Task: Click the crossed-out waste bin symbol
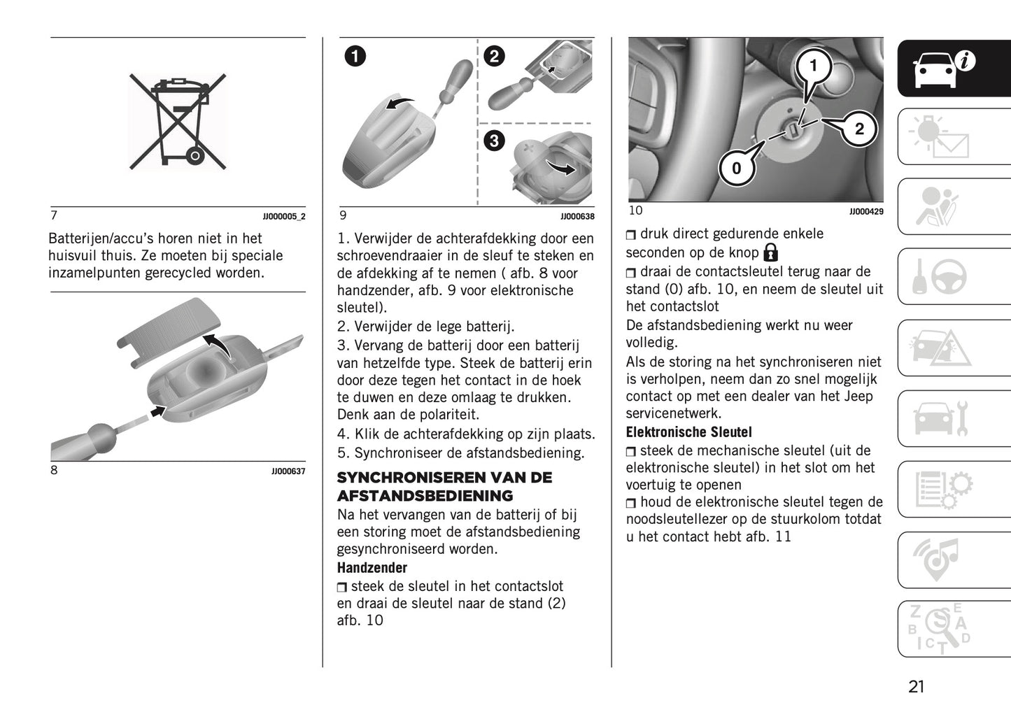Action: pos(178,121)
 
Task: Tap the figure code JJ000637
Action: pos(288,472)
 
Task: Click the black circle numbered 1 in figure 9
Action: pos(355,56)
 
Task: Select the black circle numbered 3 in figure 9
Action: pos(494,141)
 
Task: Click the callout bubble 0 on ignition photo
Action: pos(736,169)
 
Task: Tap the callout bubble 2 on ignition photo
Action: pos(859,129)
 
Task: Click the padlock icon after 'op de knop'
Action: pos(770,252)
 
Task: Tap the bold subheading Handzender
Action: pos(372,568)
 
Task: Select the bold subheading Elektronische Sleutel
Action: pos(688,432)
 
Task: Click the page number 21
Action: pos(916,687)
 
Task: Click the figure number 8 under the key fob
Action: pos(54,471)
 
